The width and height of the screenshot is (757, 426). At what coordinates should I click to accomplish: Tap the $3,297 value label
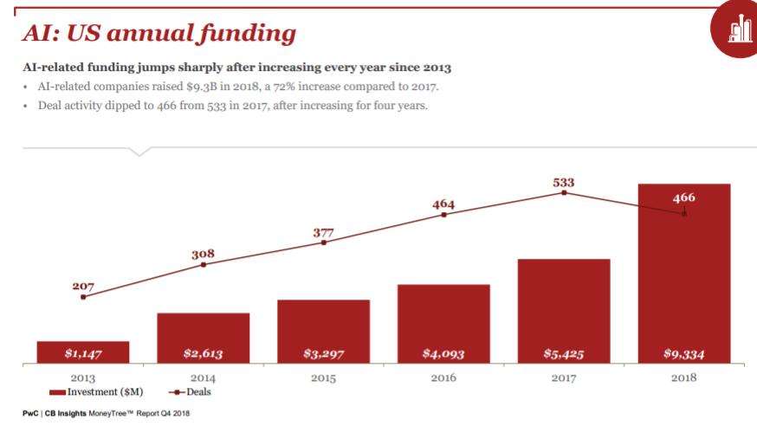click(323, 353)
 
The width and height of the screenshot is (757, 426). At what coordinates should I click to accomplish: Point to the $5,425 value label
click(564, 353)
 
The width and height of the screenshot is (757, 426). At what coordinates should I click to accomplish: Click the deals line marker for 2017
click(564, 193)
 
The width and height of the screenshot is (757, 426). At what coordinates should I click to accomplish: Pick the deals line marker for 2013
click(83, 297)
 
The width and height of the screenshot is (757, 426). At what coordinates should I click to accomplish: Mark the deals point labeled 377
click(324, 242)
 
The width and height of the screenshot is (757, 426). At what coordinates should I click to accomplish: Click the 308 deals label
click(203, 254)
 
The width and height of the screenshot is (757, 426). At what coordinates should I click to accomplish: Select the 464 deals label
click(443, 203)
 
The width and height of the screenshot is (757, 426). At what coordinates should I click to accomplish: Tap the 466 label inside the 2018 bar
click(683, 197)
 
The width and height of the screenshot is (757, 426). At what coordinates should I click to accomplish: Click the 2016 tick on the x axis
click(443, 378)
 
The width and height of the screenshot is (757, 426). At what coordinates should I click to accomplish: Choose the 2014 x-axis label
click(203, 378)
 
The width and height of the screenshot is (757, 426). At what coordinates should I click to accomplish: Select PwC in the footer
click(31, 413)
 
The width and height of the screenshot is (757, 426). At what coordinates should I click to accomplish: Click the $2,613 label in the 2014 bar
click(204, 353)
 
